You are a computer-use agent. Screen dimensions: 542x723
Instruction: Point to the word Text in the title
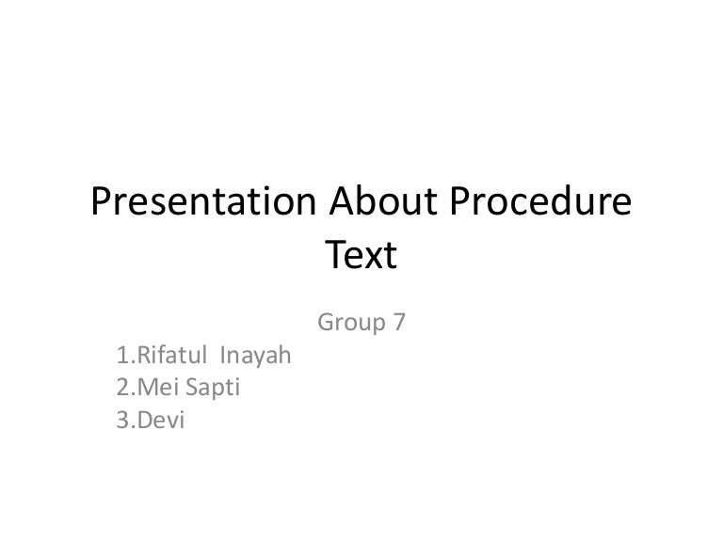[x=361, y=255]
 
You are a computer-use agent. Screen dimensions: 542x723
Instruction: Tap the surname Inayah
[x=255, y=357]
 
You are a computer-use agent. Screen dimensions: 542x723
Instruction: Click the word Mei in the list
[x=153, y=389]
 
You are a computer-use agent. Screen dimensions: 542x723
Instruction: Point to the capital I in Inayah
[x=222, y=357]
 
